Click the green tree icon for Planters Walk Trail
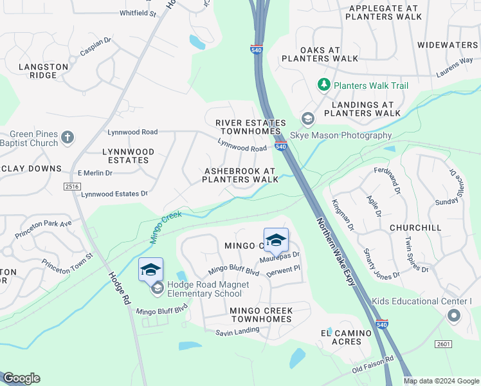point(324,85)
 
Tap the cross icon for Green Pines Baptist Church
point(67,137)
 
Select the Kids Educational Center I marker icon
point(454,315)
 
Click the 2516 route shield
point(71,186)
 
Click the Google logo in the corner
point(21,378)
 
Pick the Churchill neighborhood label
point(415,228)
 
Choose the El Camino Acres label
point(346,337)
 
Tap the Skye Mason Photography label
point(341,135)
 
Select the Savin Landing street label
point(237,330)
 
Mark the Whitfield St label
point(137,13)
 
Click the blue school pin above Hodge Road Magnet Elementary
point(150,269)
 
